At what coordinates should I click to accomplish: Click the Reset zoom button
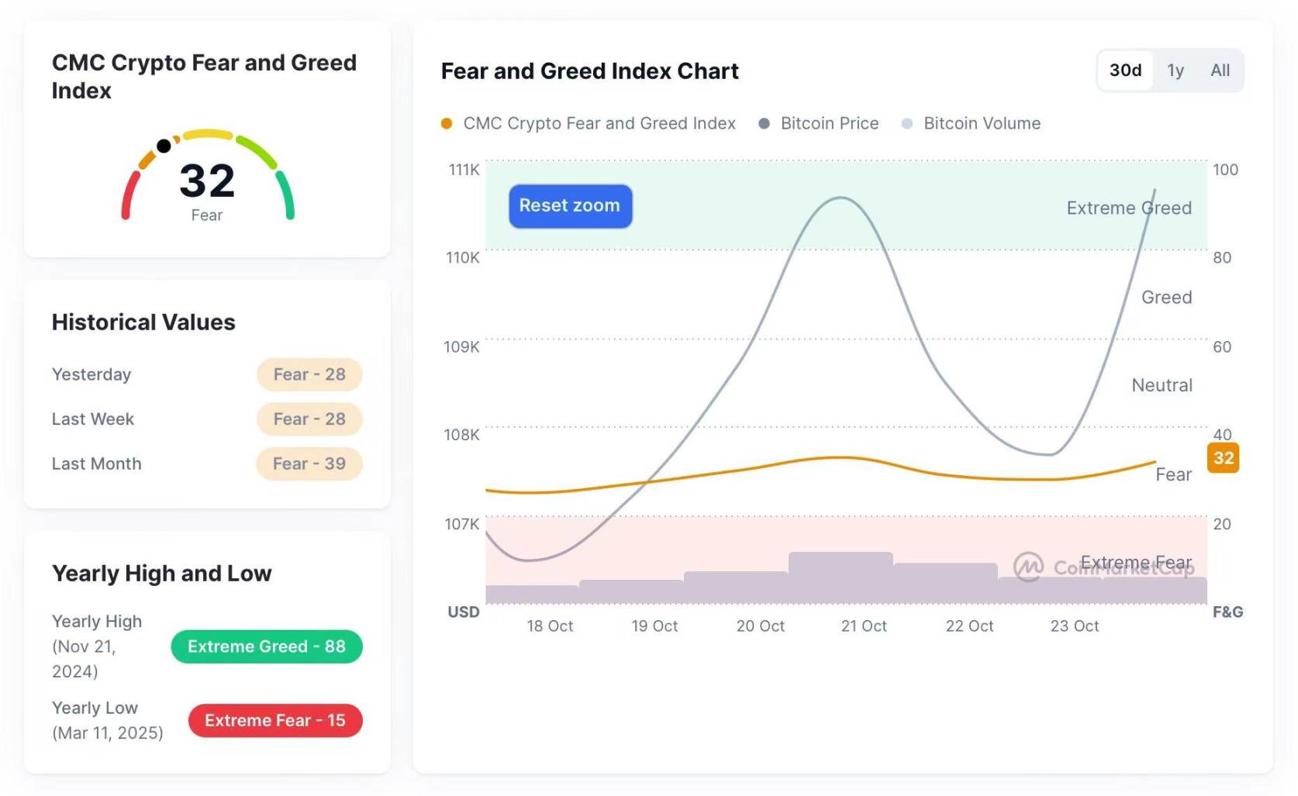pos(570,206)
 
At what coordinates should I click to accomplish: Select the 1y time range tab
pos(1175,71)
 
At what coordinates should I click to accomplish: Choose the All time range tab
pos(1220,71)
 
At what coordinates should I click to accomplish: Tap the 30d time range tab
pos(1125,71)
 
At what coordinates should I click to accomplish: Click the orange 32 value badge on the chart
pos(1223,458)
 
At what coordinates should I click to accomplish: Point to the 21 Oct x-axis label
pos(864,625)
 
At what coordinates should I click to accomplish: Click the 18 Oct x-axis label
pos(550,625)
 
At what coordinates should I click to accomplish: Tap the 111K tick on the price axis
pos(464,170)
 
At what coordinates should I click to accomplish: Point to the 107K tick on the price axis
pos(461,524)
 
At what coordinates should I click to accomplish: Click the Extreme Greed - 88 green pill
pos(266,646)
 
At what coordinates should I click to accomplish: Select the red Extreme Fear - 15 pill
pos(275,720)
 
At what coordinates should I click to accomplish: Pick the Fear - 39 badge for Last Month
pos(309,463)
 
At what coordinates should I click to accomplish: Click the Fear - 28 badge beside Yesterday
pos(309,374)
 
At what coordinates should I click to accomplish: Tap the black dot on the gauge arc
pos(164,146)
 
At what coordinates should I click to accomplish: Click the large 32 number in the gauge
pos(207,181)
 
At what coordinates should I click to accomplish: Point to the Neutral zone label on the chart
pos(1162,385)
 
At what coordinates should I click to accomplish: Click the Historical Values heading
pos(143,322)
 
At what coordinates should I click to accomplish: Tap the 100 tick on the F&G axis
pos(1225,170)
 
